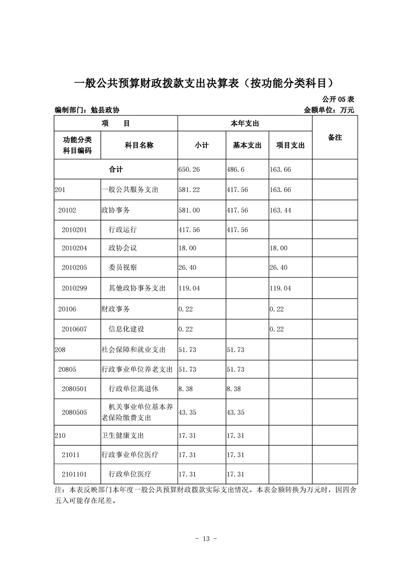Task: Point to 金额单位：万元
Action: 329,110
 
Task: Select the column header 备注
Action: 334,138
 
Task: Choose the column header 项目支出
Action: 290,146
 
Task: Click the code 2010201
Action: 74,229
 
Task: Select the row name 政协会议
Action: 122,248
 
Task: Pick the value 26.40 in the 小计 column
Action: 187,268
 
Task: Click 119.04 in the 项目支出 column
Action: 280,288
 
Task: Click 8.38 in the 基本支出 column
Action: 234,389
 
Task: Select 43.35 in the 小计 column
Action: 187,412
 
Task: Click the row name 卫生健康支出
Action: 122,436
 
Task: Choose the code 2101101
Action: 74,474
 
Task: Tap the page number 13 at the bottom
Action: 204,539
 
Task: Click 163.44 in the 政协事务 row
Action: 280,210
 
